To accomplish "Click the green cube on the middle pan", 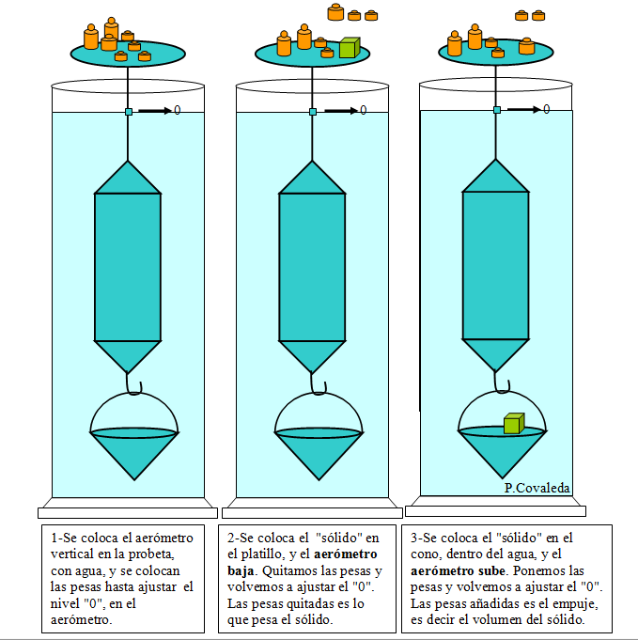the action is [350, 47].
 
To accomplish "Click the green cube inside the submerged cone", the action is [514, 423].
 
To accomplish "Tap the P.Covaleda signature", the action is [537, 488].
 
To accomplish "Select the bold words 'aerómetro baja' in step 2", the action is [303, 562].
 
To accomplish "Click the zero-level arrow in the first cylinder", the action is [155, 110].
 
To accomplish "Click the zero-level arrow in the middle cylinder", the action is [340, 110].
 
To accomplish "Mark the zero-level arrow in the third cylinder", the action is [523, 109].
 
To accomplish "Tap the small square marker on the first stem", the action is [129, 112].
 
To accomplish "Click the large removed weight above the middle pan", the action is [335, 12].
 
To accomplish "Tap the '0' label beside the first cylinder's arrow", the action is [177, 110].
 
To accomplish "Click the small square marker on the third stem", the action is [497, 110].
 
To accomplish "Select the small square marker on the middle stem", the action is [313, 112].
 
